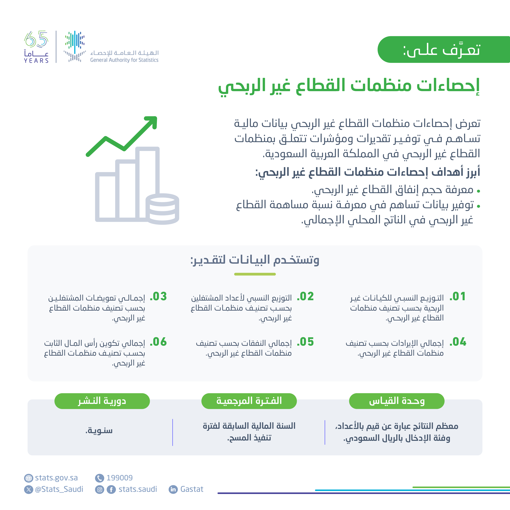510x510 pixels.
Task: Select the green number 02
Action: [x=306, y=296]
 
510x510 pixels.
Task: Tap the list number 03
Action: [x=159, y=296]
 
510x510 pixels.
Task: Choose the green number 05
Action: [x=306, y=342]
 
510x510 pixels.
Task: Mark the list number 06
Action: [x=159, y=342]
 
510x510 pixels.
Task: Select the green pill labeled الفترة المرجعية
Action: [x=249, y=401]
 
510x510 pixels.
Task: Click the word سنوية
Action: [x=99, y=431]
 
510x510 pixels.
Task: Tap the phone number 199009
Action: [x=119, y=478]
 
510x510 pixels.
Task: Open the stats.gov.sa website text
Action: [x=56, y=478]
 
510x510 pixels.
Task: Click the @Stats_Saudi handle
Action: [x=59, y=489]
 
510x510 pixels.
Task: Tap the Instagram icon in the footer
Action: [x=99, y=490]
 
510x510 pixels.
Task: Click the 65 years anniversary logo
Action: [x=36, y=47]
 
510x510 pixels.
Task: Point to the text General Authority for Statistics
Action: [x=124, y=60]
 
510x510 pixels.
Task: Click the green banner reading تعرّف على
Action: [x=444, y=49]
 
